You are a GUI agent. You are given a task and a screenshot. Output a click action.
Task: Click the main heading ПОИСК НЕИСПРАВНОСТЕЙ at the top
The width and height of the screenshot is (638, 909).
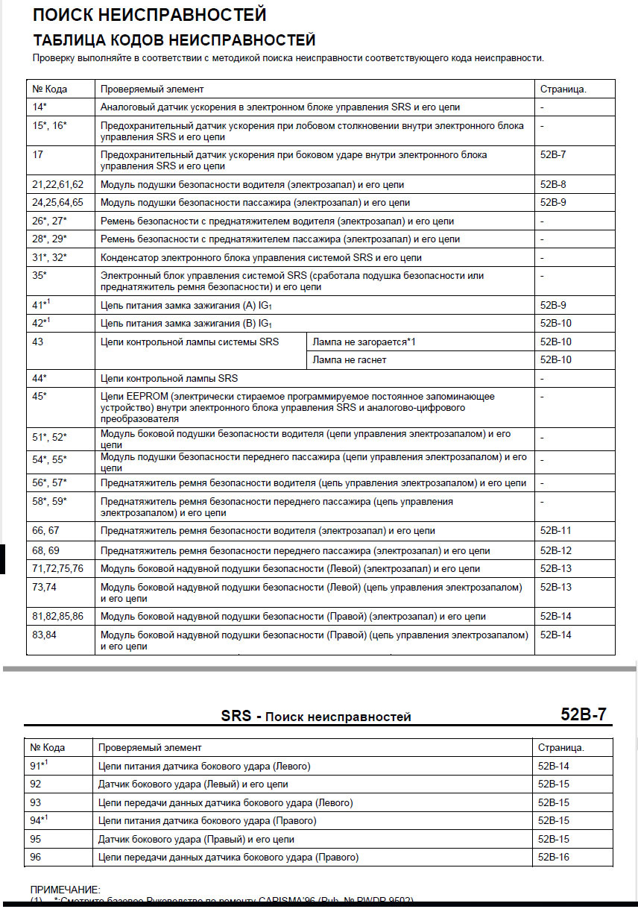pyautogui.click(x=149, y=14)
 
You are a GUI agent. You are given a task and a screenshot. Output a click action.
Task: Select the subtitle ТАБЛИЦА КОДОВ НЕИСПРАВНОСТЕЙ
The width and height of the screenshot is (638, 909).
pyautogui.click(x=174, y=40)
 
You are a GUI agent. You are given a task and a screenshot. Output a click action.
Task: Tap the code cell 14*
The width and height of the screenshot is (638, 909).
pyautogui.click(x=40, y=107)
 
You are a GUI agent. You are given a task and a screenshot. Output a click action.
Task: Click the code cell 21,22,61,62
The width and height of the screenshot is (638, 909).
pyautogui.click(x=58, y=184)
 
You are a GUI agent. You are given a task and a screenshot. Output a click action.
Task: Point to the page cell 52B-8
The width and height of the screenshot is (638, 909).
pyautogui.click(x=553, y=184)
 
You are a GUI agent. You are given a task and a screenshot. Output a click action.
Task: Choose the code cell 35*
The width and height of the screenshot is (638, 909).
pyautogui.click(x=40, y=276)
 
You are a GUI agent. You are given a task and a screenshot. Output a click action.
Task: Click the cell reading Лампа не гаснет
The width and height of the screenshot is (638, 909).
pyautogui.click(x=349, y=360)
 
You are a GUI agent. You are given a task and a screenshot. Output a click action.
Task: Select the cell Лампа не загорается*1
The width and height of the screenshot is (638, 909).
pyautogui.click(x=363, y=342)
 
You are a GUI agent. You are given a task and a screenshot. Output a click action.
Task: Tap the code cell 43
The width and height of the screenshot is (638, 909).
pyautogui.click(x=38, y=342)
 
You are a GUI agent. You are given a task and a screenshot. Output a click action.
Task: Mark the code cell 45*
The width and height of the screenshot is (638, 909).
pyautogui.click(x=40, y=397)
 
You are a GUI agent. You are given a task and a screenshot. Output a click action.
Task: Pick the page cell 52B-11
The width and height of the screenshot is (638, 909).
pyautogui.click(x=555, y=531)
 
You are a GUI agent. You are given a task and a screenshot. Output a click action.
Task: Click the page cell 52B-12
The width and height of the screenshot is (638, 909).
pyautogui.click(x=555, y=551)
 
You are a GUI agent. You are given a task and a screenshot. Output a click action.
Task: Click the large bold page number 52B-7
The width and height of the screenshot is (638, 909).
pyautogui.click(x=583, y=714)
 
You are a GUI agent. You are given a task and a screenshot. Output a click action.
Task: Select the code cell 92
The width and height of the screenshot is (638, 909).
pyautogui.click(x=36, y=784)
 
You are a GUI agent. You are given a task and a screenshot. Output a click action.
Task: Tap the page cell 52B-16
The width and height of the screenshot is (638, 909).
pyautogui.click(x=553, y=858)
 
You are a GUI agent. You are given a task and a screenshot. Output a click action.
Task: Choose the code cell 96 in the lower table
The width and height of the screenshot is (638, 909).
pyautogui.click(x=36, y=858)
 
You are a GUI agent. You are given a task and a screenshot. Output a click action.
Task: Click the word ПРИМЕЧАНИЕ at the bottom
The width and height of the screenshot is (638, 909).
pyautogui.click(x=65, y=890)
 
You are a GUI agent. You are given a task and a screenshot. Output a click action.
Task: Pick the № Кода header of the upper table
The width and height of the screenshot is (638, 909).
pyautogui.click(x=50, y=89)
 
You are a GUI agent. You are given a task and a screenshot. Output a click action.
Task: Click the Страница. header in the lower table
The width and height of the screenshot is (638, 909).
pyautogui.click(x=560, y=747)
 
